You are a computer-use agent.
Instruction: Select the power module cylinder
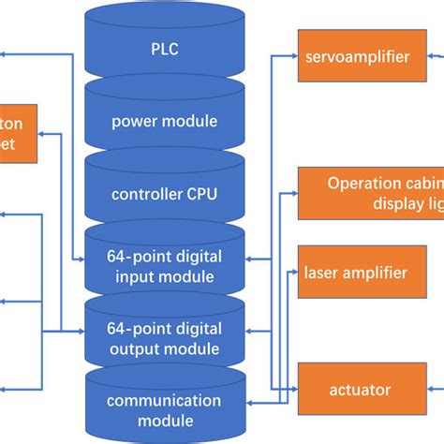tap(164, 120)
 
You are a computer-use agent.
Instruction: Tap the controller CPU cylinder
tap(164, 195)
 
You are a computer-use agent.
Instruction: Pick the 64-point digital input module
tap(164, 267)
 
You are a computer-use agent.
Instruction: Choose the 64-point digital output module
tap(164, 339)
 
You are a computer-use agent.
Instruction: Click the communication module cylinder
tap(164, 410)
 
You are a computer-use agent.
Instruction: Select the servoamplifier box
tap(356, 57)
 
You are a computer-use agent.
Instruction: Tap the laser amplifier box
tap(356, 274)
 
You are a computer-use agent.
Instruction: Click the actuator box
tap(356, 389)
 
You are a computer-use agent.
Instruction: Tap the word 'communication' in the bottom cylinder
tap(164, 401)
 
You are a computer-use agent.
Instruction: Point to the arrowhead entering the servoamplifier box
tap(293, 57)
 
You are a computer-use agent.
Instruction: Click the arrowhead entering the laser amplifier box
tap(293, 274)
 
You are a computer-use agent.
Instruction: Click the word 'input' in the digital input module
tap(134, 276)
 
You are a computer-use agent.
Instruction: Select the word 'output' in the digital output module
tap(137, 348)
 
